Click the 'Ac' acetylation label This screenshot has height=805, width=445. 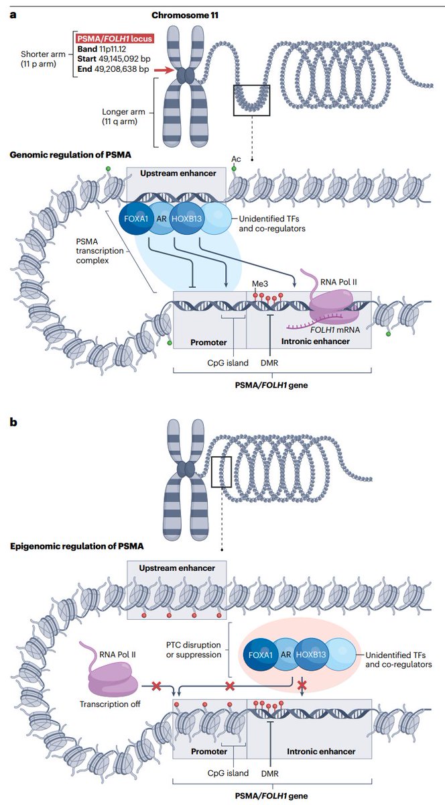[x=236, y=158]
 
